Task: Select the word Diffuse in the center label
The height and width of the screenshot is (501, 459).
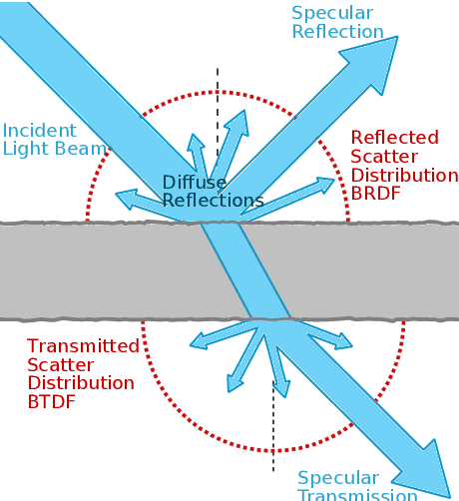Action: [x=195, y=183]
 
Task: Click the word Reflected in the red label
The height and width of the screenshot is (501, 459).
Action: [x=394, y=138]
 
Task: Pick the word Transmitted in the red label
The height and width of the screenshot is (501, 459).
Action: [x=83, y=345]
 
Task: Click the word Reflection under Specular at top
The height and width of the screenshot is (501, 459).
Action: [x=337, y=32]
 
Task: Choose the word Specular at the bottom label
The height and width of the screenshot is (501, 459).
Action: [x=338, y=478]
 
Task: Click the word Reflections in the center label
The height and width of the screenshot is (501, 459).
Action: [x=213, y=201]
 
